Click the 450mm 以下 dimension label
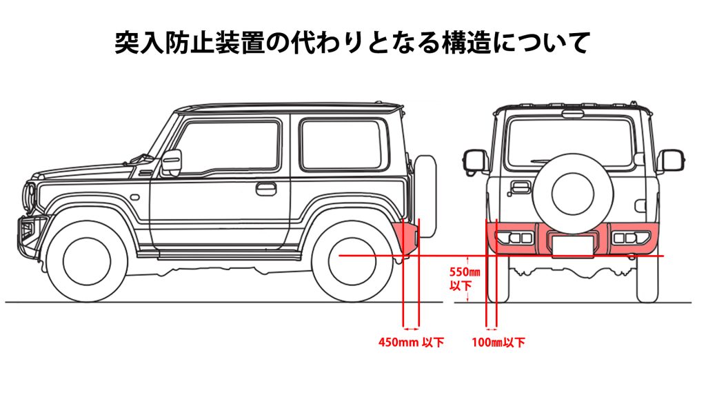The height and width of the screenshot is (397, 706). point(411,342)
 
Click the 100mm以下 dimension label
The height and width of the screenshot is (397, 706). point(498,343)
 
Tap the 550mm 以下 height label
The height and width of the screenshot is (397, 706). point(464,278)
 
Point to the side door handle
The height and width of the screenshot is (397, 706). point(265,189)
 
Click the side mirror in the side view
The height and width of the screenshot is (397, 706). point(172,163)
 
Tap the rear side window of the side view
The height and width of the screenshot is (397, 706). point(341,145)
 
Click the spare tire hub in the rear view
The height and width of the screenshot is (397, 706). point(573,194)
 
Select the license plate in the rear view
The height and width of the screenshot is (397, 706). point(573,247)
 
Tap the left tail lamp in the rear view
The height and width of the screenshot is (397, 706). point(514,237)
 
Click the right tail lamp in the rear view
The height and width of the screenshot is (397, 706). point(632,237)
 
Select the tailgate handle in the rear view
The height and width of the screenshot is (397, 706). point(520,187)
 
